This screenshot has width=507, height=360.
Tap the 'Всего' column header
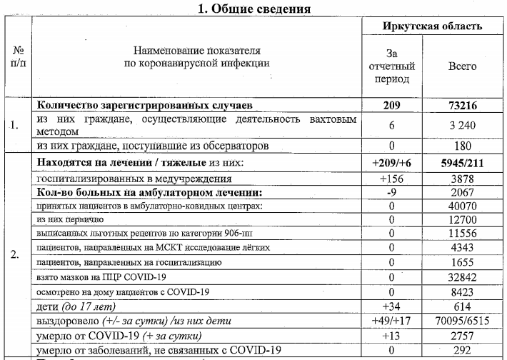tap(462, 66)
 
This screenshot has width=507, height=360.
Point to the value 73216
tap(462, 105)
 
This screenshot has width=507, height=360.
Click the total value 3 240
tap(462, 126)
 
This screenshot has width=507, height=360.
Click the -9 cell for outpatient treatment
tap(391, 193)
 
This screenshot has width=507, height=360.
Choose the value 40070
tap(462, 206)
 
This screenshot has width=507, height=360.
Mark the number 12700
tap(462, 220)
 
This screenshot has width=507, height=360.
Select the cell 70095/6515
tap(462, 321)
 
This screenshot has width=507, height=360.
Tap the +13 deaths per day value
tap(391, 336)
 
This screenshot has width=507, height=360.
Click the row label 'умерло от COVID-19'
tap(119, 336)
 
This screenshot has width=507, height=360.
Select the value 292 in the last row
tap(462, 350)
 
